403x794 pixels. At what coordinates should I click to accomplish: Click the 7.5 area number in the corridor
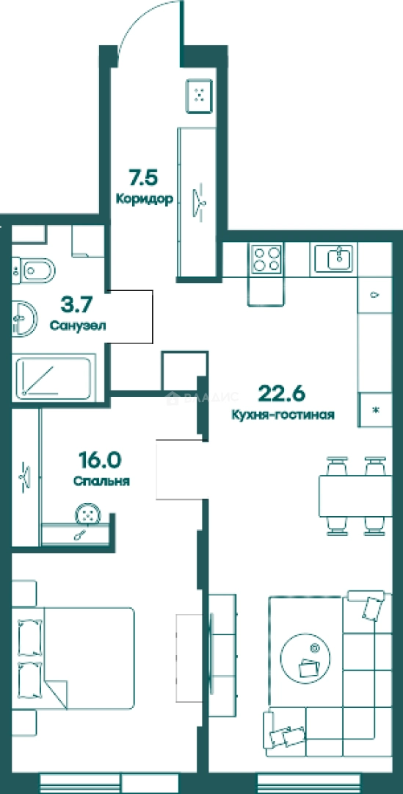pyautogui.click(x=144, y=178)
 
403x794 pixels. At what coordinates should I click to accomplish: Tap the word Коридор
pyautogui.click(x=145, y=198)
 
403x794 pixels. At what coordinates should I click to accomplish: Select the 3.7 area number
pyautogui.click(x=77, y=305)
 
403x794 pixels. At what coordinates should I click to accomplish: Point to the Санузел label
pyautogui.click(x=78, y=325)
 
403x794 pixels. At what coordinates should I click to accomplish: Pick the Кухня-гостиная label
pyautogui.click(x=283, y=415)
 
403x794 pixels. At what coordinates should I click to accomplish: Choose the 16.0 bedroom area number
pyautogui.click(x=100, y=460)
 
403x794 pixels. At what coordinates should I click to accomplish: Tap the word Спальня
pyautogui.click(x=101, y=481)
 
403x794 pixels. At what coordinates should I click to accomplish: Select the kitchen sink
pyautogui.click(x=336, y=258)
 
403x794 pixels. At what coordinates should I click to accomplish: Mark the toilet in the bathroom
pyautogui.click(x=33, y=271)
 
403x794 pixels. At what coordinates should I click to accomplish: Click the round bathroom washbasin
pyautogui.click(x=23, y=318)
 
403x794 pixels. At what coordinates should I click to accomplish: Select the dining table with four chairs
pyautogui.click(x=355, y=496)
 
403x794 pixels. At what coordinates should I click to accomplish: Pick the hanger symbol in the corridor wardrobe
pyautogui.click(x=199, y=198)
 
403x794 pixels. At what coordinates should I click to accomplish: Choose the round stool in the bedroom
pyautogui.click(x=89, y=515)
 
